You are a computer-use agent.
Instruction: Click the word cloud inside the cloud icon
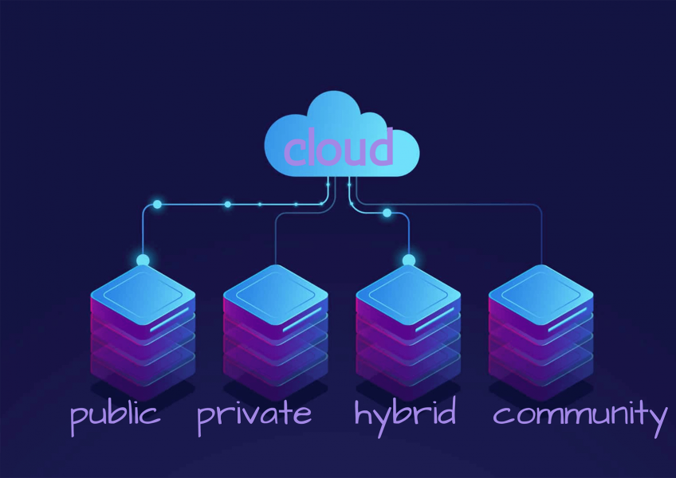[x=339, y=149]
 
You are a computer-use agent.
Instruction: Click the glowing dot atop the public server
[x=143, y=261]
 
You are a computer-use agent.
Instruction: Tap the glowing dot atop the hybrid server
[x=409, y=261]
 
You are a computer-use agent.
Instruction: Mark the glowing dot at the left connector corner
[x=157, y=205]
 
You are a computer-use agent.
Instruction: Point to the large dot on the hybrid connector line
[x=387, y=213]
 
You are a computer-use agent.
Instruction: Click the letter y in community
[x=658, y=420]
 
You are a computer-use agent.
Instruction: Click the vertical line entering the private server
[x=275, y=239]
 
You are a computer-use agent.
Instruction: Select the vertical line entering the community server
[x=541, y=239]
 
